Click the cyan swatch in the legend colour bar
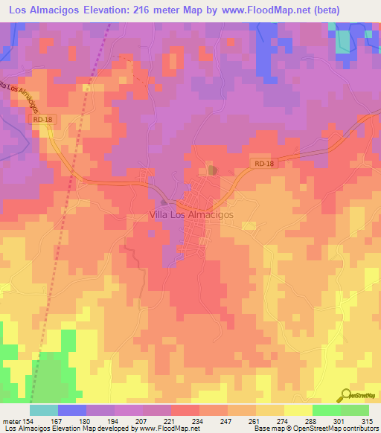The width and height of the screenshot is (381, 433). point(43,410)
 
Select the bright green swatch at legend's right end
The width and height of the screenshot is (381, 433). point(354,410)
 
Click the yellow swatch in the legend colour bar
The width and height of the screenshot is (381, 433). point(298,410)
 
